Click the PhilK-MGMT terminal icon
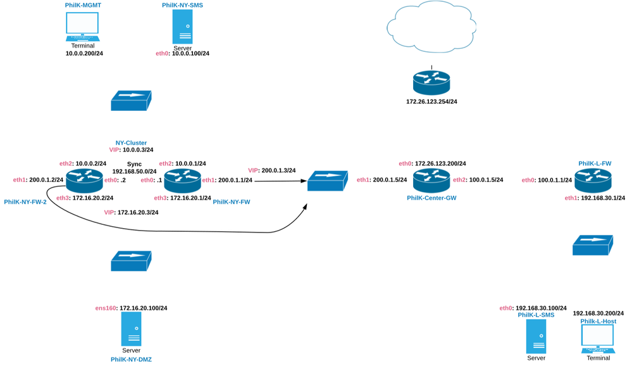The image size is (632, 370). point(83,26)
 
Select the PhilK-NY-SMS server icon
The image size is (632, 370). point(182,27)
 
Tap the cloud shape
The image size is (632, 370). point(430,28)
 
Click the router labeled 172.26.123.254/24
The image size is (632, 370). point(431,81)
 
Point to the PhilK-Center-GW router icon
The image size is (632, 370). point(431,181)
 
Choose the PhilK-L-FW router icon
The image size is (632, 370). point(594,181)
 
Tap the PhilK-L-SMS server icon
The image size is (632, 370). point(535,336)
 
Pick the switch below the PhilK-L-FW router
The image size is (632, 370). point(592,245)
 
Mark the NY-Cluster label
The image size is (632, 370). point(131,143)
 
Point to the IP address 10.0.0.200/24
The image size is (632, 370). point(84,54)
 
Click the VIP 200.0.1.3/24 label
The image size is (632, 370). point(272,170)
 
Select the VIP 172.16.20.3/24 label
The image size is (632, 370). point(131,212)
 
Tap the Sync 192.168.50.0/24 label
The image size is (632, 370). point(134,167)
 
